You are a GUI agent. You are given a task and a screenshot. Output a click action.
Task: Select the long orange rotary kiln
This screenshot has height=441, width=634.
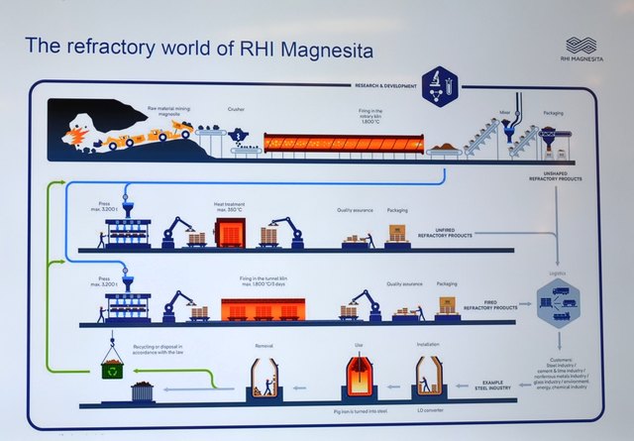click(x=342, y=143)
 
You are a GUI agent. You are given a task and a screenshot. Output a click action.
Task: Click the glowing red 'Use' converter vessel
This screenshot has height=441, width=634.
click(x=359, y=377)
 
